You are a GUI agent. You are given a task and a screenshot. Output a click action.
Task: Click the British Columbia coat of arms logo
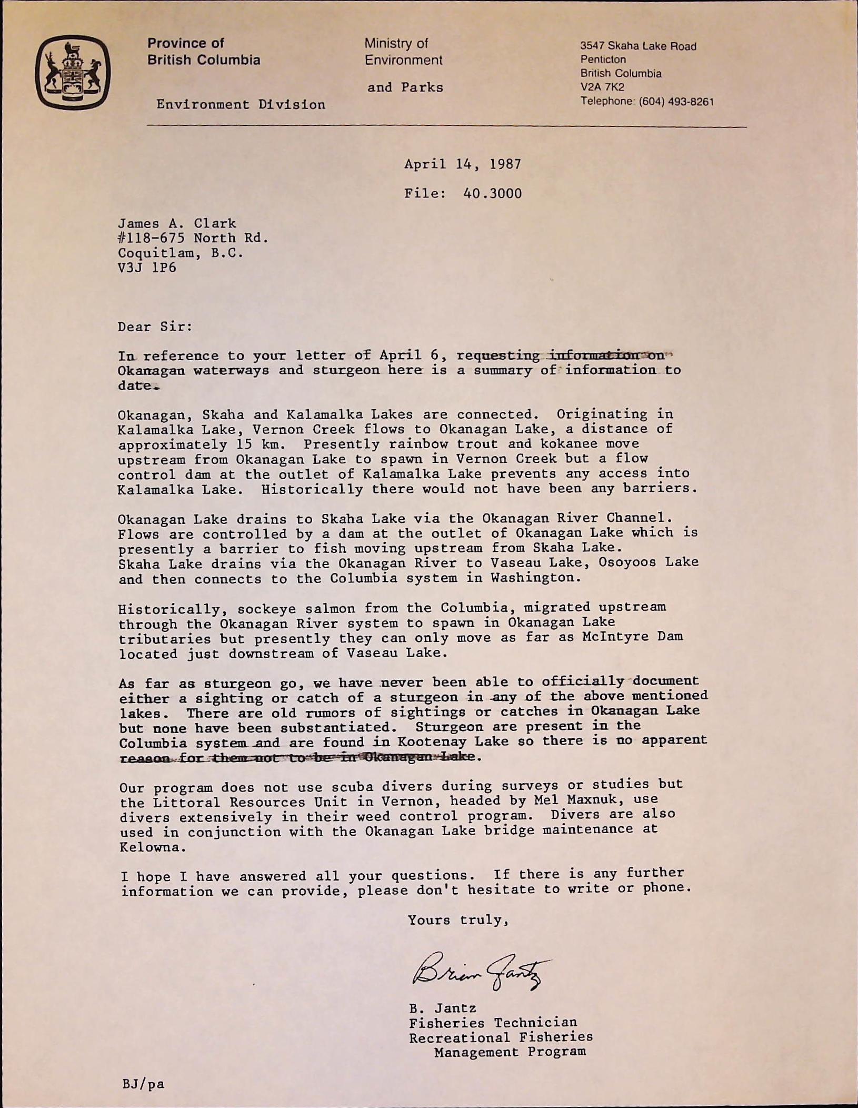(73, 72)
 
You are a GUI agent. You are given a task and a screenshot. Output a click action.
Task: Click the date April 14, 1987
(462, 164)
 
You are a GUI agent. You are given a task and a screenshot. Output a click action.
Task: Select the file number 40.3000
(492, 194)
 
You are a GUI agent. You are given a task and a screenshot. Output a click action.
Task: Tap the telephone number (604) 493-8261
(676, 102)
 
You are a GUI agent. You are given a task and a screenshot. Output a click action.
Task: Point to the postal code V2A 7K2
(602, 87)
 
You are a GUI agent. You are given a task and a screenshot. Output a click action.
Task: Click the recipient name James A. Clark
(177, 223)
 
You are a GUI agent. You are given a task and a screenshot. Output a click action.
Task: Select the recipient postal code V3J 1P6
(147, 268)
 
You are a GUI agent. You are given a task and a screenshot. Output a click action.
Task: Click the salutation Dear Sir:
(155, 327)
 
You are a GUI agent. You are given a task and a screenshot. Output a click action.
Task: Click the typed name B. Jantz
(443, 1008)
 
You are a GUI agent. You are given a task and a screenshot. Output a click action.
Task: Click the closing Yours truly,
(458, 920)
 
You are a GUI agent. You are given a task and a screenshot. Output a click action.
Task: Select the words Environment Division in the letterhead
(241, 104)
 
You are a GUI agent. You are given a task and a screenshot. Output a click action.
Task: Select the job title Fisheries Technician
(493, 1023)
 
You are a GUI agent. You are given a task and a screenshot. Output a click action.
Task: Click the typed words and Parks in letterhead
(405, 87)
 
